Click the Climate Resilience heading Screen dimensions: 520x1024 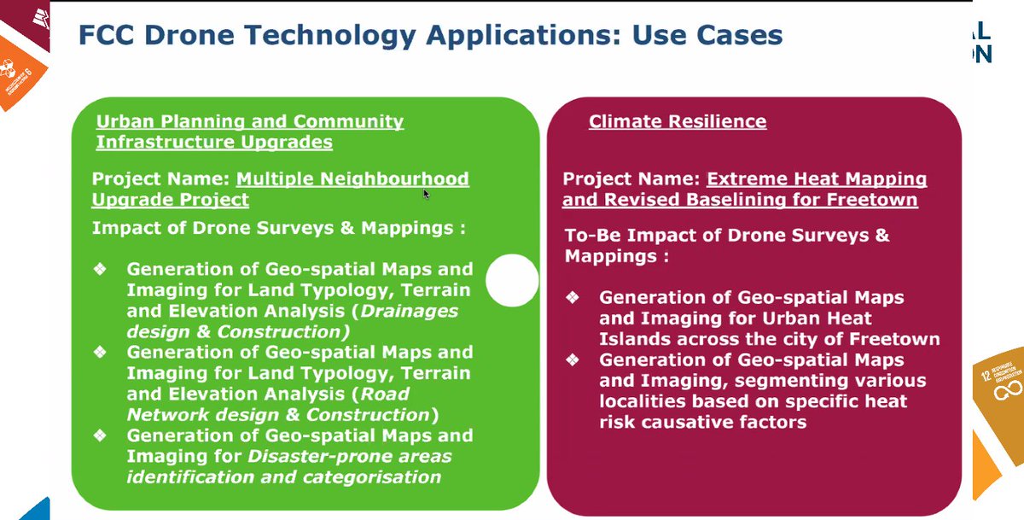click(x=677, y=122)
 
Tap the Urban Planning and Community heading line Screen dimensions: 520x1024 click(x=249, y=121)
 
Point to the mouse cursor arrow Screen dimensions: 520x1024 click(x=426, y=194)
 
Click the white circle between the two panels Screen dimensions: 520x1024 click(x=512, y=281)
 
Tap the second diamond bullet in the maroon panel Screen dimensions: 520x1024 click(x=573, y=360)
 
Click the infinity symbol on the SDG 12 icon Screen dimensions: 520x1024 click(x=1000, y=389)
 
